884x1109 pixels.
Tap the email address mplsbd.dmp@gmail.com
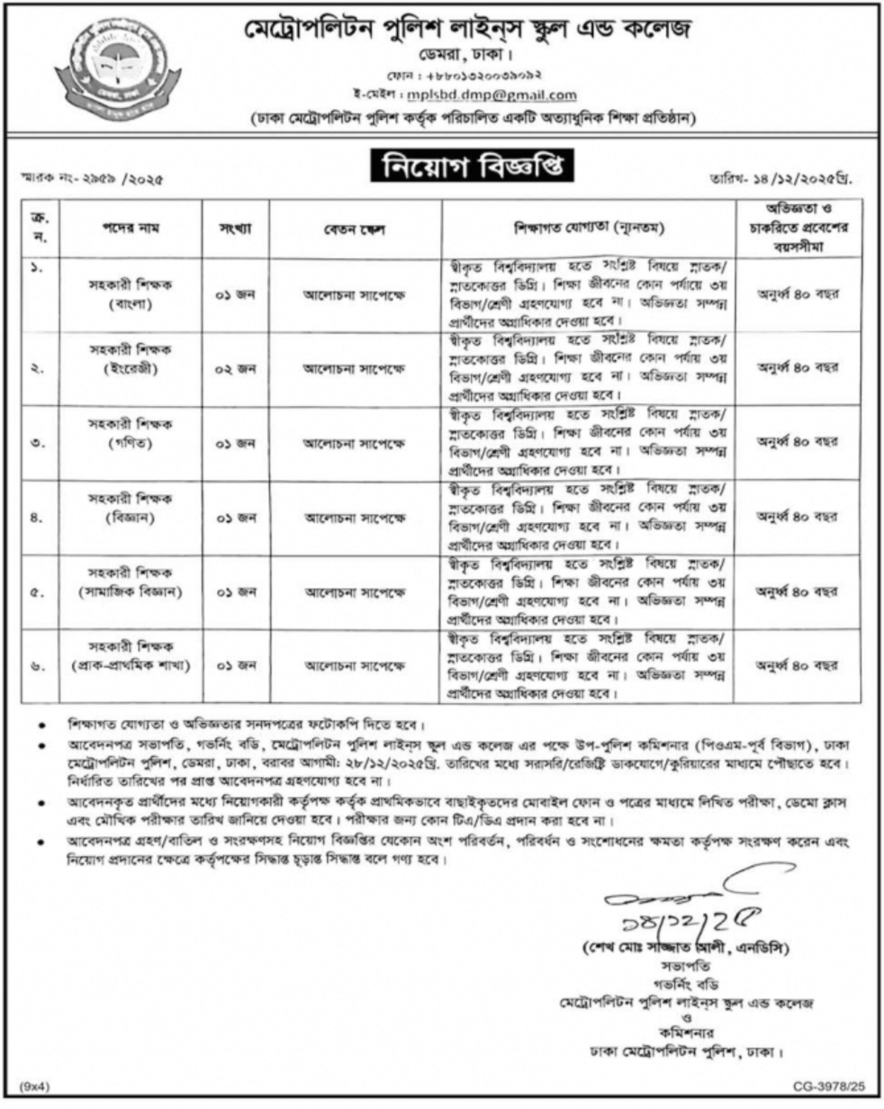(x=517, y=95)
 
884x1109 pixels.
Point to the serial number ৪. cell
(x=39, y=517)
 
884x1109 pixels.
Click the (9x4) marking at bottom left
(x=36, y=1088)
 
